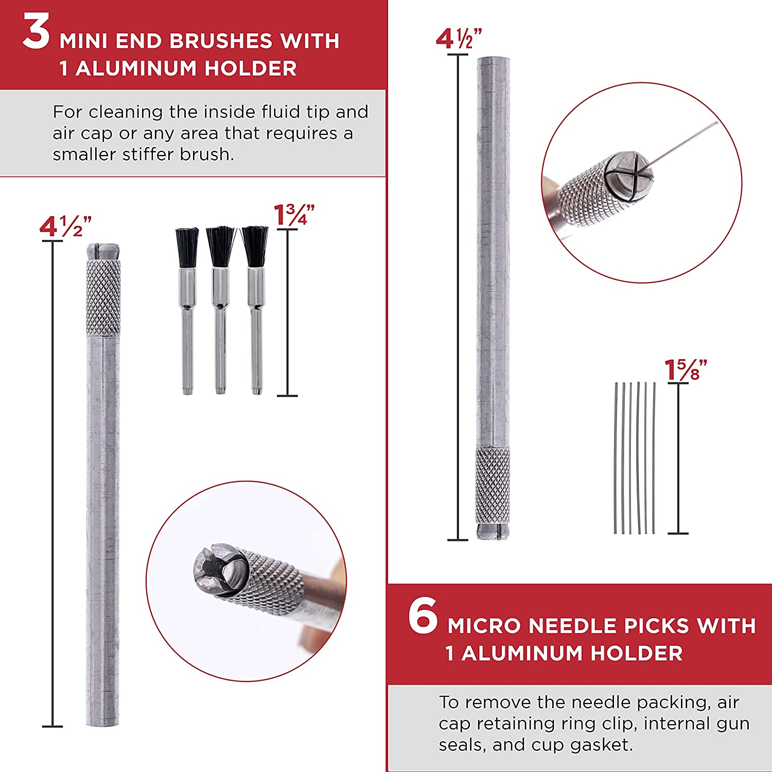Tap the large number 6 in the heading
[423, 616]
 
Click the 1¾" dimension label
[293, 215]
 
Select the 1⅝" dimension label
[685, 370]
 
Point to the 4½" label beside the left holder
[65, 226]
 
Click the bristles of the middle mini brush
[221, 246]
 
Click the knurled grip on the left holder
[103, 297]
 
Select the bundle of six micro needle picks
[635, 458]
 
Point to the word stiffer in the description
[149, 154]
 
